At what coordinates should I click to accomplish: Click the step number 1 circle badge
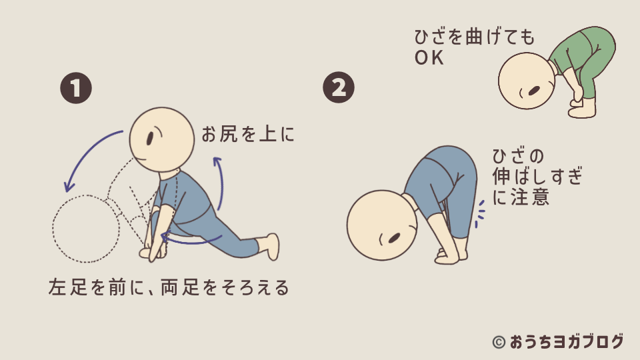(x=76, y=89)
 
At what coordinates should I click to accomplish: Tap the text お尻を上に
(x=247, y=135)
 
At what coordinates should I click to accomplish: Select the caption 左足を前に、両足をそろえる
(x=169, y=287)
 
